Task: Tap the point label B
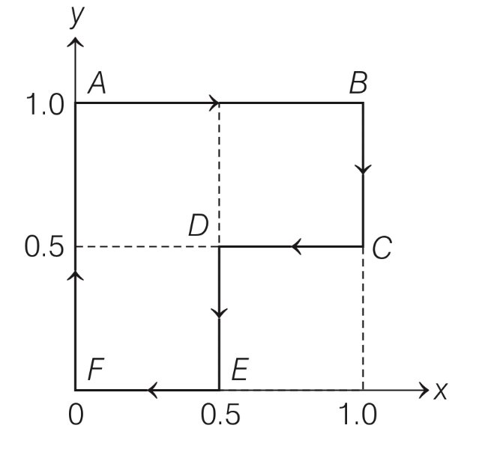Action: click(358, 83)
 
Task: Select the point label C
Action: click(382, 248)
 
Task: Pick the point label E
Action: click(239, 370)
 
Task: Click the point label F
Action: click(95, 370)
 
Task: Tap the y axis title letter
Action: click(76, 16)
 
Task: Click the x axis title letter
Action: click(440, 390)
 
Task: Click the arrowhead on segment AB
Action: click(215, 103)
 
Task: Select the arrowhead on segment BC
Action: click(364, 169)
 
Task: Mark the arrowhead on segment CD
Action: click(297, 246)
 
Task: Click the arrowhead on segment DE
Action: click(219, 311)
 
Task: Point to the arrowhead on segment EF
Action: click(152, 390)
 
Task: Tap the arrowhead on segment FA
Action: click(76, 276)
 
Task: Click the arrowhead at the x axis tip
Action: click(422, 390)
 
